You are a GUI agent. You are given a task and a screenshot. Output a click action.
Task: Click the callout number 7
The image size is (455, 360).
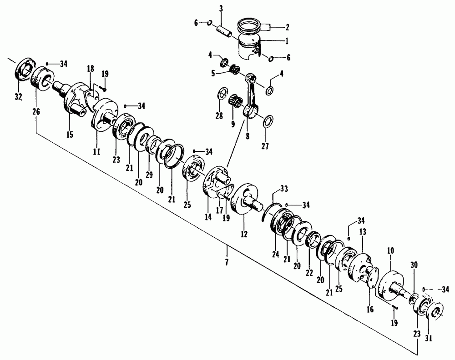click(227, 263)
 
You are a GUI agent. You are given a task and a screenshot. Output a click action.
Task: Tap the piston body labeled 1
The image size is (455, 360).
click(249, 48)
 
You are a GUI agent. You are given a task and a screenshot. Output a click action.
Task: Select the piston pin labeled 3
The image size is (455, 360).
click(224, 31)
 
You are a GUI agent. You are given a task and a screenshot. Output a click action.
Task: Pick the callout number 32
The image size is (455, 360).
click(18, 97)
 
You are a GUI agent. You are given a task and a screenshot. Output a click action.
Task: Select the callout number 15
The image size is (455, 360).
click(70, 135)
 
